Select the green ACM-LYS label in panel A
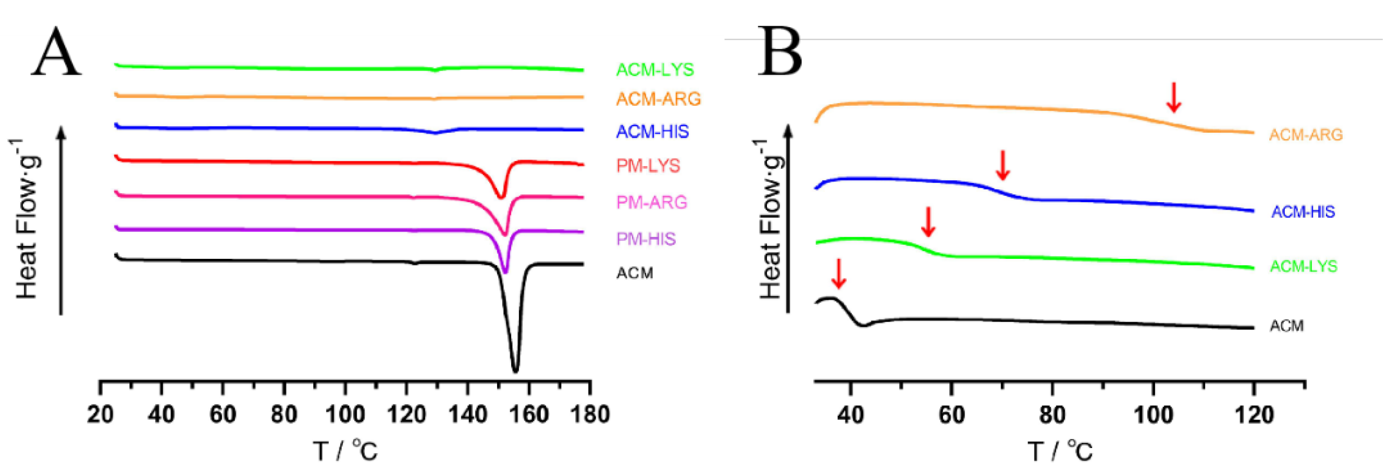click(x=654, y=70)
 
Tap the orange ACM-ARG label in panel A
click(x=658, y=99)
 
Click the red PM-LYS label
click(x=648, y=166)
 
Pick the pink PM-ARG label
click(x=652, y=202)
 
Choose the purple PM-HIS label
click(x=646, y=238)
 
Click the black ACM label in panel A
click(x=634, y=273)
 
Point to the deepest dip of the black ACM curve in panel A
click(x=515, y=370)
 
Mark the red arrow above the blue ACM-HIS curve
click(x=1002, y=165)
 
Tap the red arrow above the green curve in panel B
click(x=928, y=222)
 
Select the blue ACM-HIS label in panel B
click(x=1303, y=212)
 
